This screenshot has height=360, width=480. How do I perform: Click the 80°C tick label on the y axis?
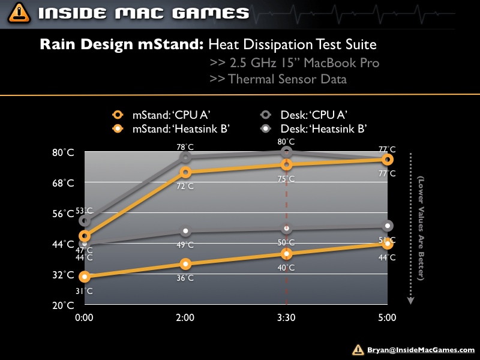click(62, 152)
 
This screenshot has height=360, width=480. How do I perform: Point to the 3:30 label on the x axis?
click(287, 317)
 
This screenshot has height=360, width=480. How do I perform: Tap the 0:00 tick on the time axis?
click(85, 317)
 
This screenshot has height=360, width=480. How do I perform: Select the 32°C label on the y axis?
click(62, 275)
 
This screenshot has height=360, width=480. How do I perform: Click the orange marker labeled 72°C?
click(186, 172)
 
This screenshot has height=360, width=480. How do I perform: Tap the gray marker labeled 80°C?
click(287, 152)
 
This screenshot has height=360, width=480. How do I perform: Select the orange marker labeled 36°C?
click(186, 264)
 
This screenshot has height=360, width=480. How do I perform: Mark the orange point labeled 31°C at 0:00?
click(85, 277)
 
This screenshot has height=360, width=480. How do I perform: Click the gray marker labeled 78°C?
click(186, 157)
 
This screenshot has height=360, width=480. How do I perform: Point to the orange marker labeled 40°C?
click(287, 254)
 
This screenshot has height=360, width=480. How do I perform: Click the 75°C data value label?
click(287, 179)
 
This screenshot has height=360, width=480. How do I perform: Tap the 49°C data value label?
click(186, 245)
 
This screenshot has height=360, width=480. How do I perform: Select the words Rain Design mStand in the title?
click(122, 45)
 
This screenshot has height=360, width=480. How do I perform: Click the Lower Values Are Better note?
click(421, 228)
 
